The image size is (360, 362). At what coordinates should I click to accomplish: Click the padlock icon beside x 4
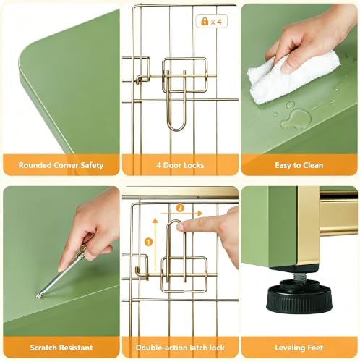(x=205, y=22)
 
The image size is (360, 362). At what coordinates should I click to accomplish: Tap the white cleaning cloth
(x=291, y=78)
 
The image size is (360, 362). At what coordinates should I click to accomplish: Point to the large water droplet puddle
(x=296, y=119)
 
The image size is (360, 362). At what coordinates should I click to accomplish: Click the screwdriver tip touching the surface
(x=38, y=296)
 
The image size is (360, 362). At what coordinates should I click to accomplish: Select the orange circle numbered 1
(x=148, y=242)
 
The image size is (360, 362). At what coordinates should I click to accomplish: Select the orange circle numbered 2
(x=180, y=208)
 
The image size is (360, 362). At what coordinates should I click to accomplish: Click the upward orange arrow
(x=155, y=245)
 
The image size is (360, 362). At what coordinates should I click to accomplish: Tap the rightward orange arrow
(x=181, y=214)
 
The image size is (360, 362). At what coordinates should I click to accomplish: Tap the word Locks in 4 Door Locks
(x=194, y=165)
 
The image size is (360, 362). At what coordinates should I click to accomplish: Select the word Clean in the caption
(x=312, y=165)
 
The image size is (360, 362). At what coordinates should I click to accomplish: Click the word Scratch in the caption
(x=43, y=348)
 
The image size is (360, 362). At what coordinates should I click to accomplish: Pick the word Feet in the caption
(x=314, y=348)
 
